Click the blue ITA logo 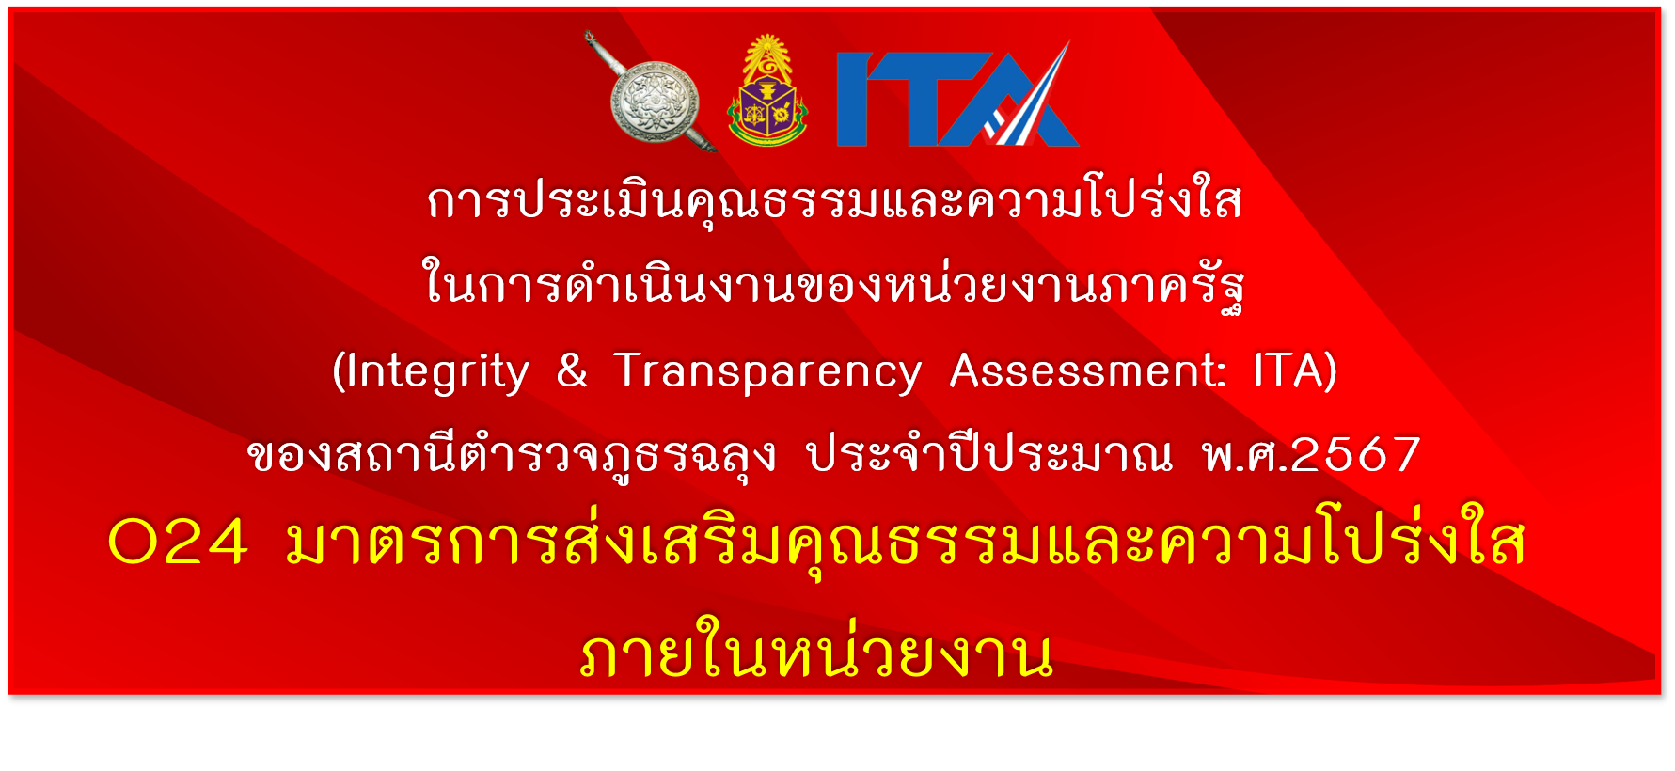957,94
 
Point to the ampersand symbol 572,370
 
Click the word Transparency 767,372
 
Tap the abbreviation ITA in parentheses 1288,370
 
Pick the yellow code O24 179,543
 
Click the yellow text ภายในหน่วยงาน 816,649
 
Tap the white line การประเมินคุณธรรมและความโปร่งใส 834,199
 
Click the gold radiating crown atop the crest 768,54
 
